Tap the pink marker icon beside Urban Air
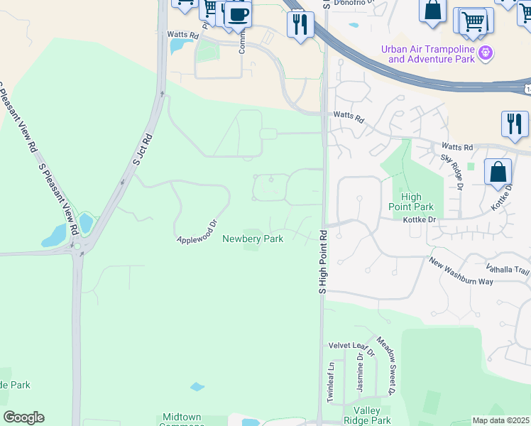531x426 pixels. (x=486, y=52)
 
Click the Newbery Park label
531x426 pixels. (x=253, y=239)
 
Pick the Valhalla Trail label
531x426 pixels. (x=508, y=270)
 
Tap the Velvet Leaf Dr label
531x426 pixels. (x=351, y=346)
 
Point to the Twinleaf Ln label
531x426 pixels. (x=330, y=382)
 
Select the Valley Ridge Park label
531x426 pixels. (x=367, y=416)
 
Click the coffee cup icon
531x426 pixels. (x=238, y=13)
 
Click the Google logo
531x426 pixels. (x=23, y=417)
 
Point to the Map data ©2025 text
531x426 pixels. (x=500, y=420)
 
